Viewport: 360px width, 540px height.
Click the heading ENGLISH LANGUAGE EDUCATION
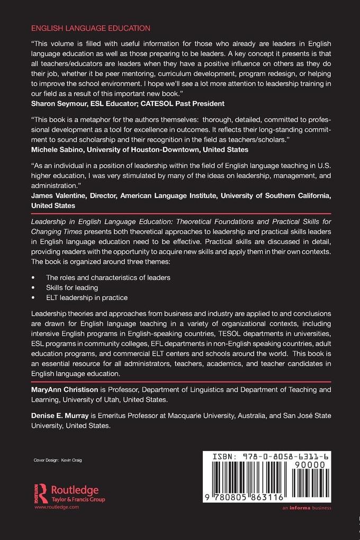[x=91, y=28]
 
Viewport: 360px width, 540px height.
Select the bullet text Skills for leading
[x=72, y=287]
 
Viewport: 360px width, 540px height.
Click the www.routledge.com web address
[x=56, y=507]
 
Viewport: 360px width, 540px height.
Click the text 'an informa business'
[x=307, y=508]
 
